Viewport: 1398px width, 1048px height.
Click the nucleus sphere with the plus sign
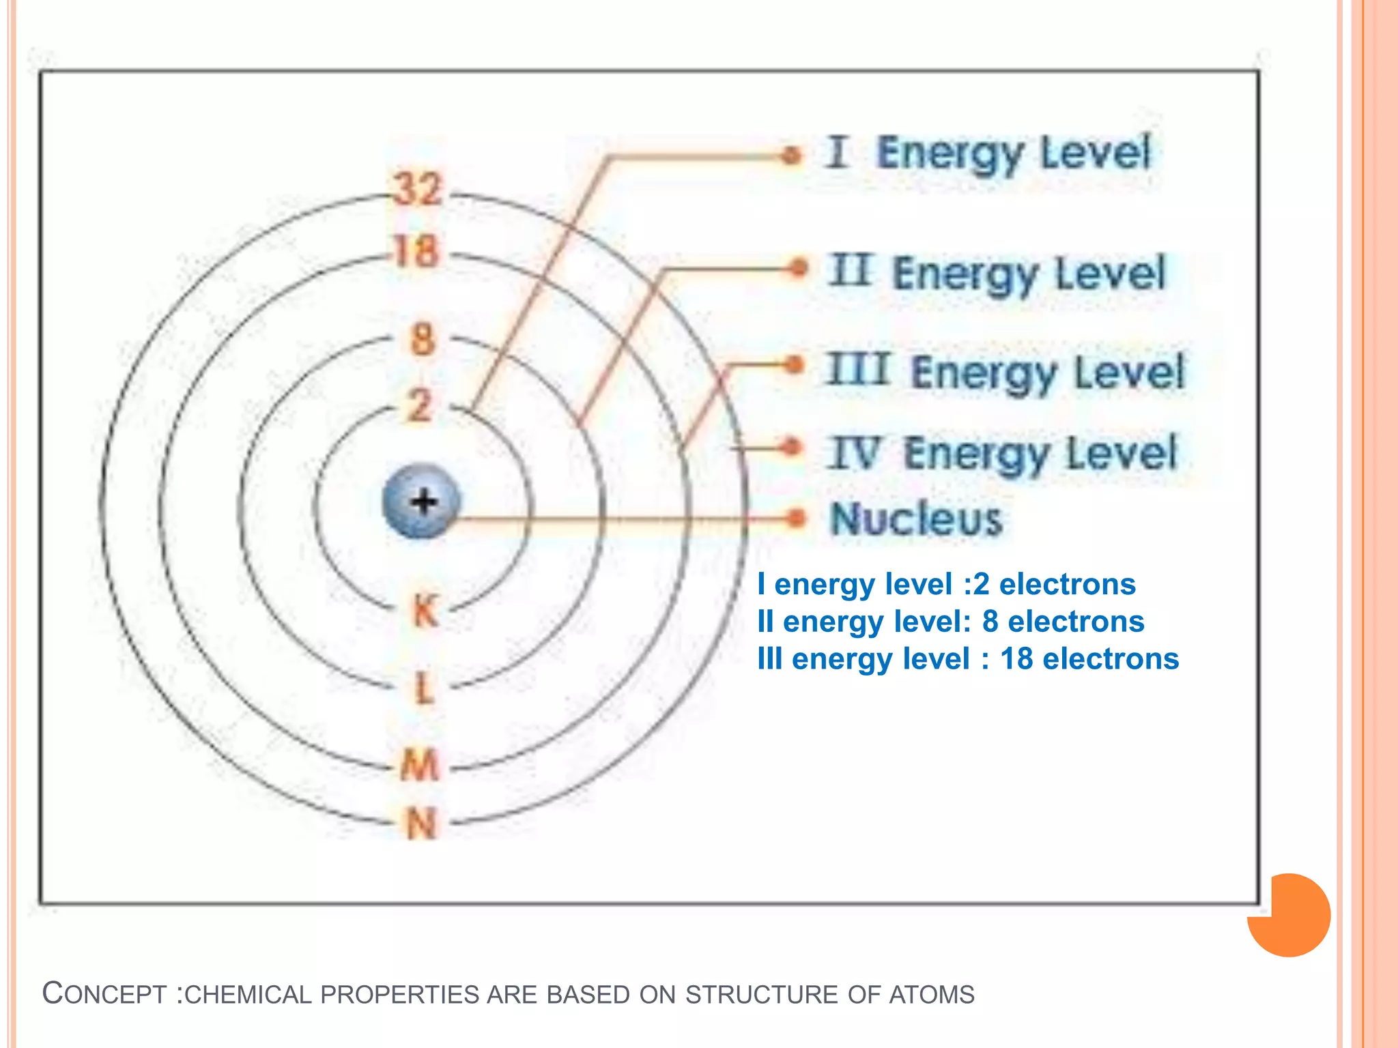422,501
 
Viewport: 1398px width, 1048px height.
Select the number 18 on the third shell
416,252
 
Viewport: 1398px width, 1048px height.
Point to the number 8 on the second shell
423,339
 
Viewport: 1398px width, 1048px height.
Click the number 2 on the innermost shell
420,405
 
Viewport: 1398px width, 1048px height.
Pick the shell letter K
425,610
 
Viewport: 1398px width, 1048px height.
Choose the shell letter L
424,688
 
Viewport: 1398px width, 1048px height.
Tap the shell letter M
420,764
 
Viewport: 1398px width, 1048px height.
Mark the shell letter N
421,824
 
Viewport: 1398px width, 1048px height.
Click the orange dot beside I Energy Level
791,156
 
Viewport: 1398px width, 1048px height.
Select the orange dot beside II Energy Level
797,268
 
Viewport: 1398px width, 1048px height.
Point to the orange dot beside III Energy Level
793,365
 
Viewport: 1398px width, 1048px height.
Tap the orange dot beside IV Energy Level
791,448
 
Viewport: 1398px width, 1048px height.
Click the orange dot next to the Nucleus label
795,519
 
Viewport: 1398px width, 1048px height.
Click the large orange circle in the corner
1289,915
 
